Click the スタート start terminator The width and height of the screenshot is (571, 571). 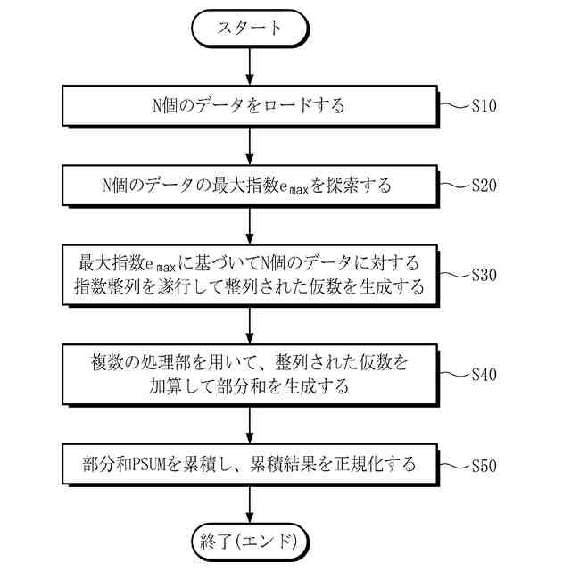[249, 28]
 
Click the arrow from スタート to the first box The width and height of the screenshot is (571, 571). [249, 64]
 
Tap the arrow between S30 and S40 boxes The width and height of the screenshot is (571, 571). [249, 325]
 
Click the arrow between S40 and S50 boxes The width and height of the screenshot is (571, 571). [249, 424]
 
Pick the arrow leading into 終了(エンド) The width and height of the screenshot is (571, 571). [249, 504]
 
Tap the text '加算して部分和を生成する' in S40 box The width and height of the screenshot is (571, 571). [249, 387]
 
